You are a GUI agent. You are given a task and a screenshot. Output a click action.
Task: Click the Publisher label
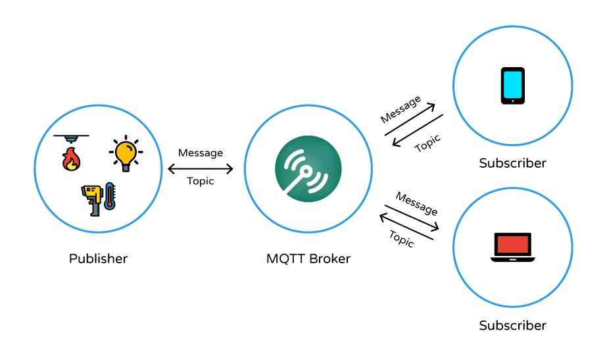(x=98, y=259)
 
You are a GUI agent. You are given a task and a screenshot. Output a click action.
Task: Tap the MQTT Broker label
(x=308, y=259)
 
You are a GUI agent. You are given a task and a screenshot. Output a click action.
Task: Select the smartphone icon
(x=512, y=86)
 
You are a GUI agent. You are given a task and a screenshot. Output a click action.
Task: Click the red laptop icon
(x=512, y=249)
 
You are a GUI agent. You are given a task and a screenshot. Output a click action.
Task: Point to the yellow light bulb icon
(x=125, y=153)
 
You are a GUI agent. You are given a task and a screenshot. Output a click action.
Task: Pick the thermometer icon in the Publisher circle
(x=109, y=196)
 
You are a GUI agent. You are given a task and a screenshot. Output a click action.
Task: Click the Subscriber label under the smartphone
(x=512, y=163)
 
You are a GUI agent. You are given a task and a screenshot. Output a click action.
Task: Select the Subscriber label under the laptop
(x=512, y=325)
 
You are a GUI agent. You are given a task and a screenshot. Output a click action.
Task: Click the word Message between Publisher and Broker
(x=201, y=153)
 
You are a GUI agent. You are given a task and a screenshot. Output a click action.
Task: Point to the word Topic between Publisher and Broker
(x=201, y=182)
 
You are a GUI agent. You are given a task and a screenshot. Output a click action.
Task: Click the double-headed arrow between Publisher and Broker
(x=201, y=168)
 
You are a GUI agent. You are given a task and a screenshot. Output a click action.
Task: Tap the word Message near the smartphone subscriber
(x=400, y=109)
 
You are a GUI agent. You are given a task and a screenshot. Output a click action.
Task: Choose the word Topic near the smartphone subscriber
(x=427, y=143)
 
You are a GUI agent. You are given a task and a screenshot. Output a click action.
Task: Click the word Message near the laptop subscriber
(x=416, y=203)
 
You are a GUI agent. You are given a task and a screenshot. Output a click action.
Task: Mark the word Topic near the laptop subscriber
(x=401, y=238)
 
